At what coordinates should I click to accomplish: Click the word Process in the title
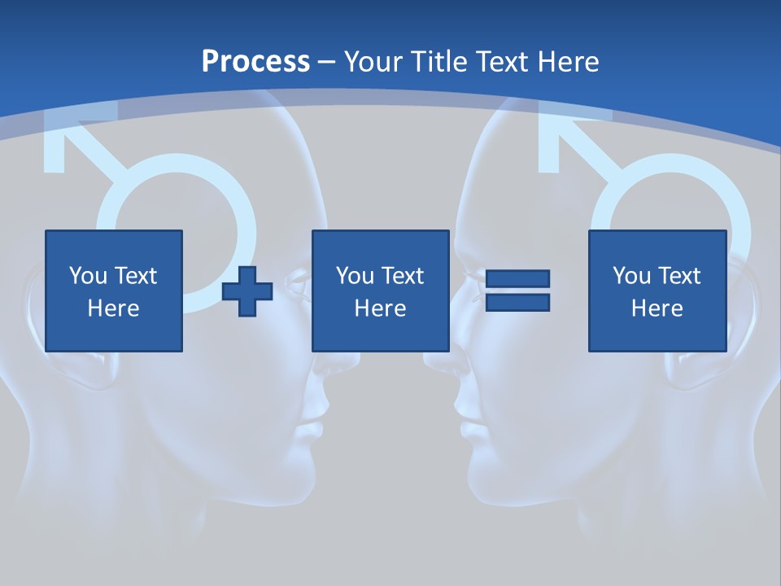[255, 62]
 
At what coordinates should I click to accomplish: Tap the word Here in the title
[568, 62]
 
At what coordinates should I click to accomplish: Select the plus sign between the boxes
[247, 291]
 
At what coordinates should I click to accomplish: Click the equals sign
[517, 291]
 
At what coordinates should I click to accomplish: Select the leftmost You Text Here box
[114, 291]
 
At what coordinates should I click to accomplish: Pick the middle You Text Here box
[381, 291]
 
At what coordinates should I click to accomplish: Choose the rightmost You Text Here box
[657, 291]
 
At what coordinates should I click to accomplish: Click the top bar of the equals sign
[517, 279]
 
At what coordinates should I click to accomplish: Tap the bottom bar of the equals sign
[517, 302]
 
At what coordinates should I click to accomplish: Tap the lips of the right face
[467, 428]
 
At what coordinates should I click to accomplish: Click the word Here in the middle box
[381, 308]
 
